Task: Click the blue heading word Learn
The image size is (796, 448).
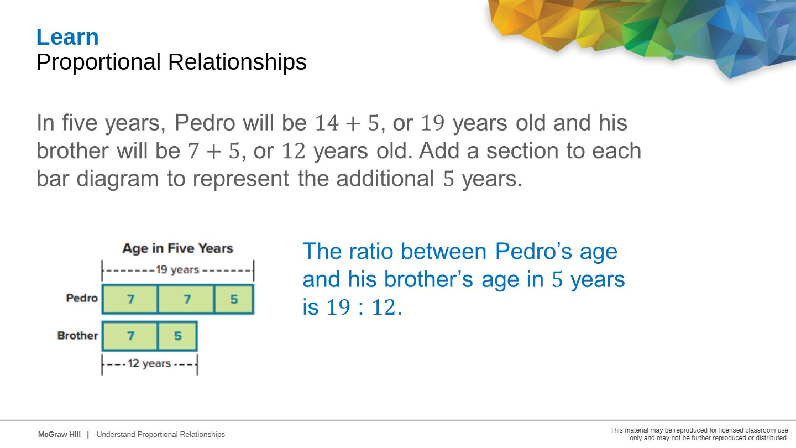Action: [67, 37]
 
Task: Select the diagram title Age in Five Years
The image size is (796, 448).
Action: [177, 248]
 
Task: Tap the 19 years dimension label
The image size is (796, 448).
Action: [177, 270]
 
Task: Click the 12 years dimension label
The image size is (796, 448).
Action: [149, 363]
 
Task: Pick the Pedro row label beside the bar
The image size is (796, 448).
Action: [82, 298]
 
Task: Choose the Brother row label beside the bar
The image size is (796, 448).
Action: [77, 335]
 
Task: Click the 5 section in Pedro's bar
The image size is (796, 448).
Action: [234, 299]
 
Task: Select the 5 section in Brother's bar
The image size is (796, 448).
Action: [177, 336]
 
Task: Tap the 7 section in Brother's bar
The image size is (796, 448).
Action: [130, 336]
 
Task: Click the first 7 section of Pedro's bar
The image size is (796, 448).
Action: [130, 299]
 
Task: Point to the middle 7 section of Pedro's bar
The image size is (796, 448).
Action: [186, 299]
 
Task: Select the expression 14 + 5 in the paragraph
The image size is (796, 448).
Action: [347, 123]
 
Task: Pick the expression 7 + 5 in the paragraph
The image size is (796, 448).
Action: [214, 151]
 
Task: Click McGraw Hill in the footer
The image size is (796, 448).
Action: [59, 435]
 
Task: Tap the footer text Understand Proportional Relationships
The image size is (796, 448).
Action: [161, 435]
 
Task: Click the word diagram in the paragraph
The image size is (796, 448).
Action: [118, 179]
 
